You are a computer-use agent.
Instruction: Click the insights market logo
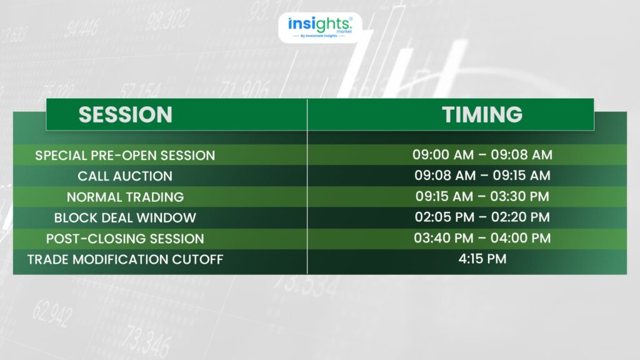pos(320,27)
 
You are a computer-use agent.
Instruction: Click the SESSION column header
pos(125,115)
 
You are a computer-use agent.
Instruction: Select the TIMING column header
pos(482,114)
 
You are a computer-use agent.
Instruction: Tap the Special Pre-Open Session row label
pos(125,156)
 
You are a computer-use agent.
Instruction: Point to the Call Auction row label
pos(125,176)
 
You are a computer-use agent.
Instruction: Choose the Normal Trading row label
pos(125,197)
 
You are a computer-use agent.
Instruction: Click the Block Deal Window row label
pos(125,218)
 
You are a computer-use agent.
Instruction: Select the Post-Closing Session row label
pos(125,239)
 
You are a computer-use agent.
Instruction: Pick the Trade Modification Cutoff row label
pos(125,259)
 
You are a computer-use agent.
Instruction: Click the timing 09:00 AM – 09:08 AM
pos(482,155)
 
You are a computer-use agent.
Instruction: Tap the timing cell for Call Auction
pos(482,176)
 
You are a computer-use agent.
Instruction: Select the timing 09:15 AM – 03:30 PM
pos(482,196)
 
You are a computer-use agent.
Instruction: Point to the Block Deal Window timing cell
pos(482,217)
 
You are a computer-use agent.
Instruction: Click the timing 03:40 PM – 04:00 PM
pos(482,238)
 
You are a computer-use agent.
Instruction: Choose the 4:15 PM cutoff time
pos(482,259)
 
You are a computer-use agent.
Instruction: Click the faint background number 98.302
pos(167,20)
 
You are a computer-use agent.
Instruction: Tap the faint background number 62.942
pos(52,314)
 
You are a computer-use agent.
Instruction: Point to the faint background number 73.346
pos(146,341)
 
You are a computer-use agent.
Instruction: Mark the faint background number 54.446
pos(82,29)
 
